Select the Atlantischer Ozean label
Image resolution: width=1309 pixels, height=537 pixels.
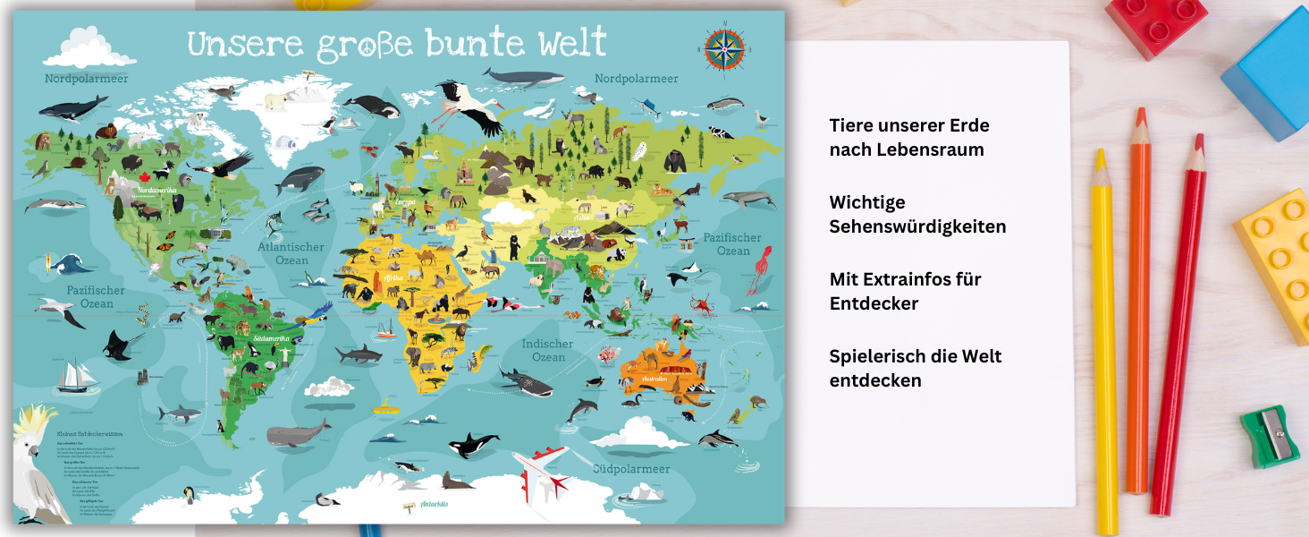click(x=291, y=253)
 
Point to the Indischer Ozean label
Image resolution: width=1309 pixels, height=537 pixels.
click(x=547, y=350)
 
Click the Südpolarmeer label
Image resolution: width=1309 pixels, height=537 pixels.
click(x=631, y=468)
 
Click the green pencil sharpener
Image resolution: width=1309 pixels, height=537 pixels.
click(x=1269, y=436)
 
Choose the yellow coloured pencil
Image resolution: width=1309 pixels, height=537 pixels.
click(x=1105, y=340)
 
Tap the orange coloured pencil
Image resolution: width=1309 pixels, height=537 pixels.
click(x=1138, y=304)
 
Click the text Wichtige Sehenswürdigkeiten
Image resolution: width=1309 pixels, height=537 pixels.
click(x=917, y=214)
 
